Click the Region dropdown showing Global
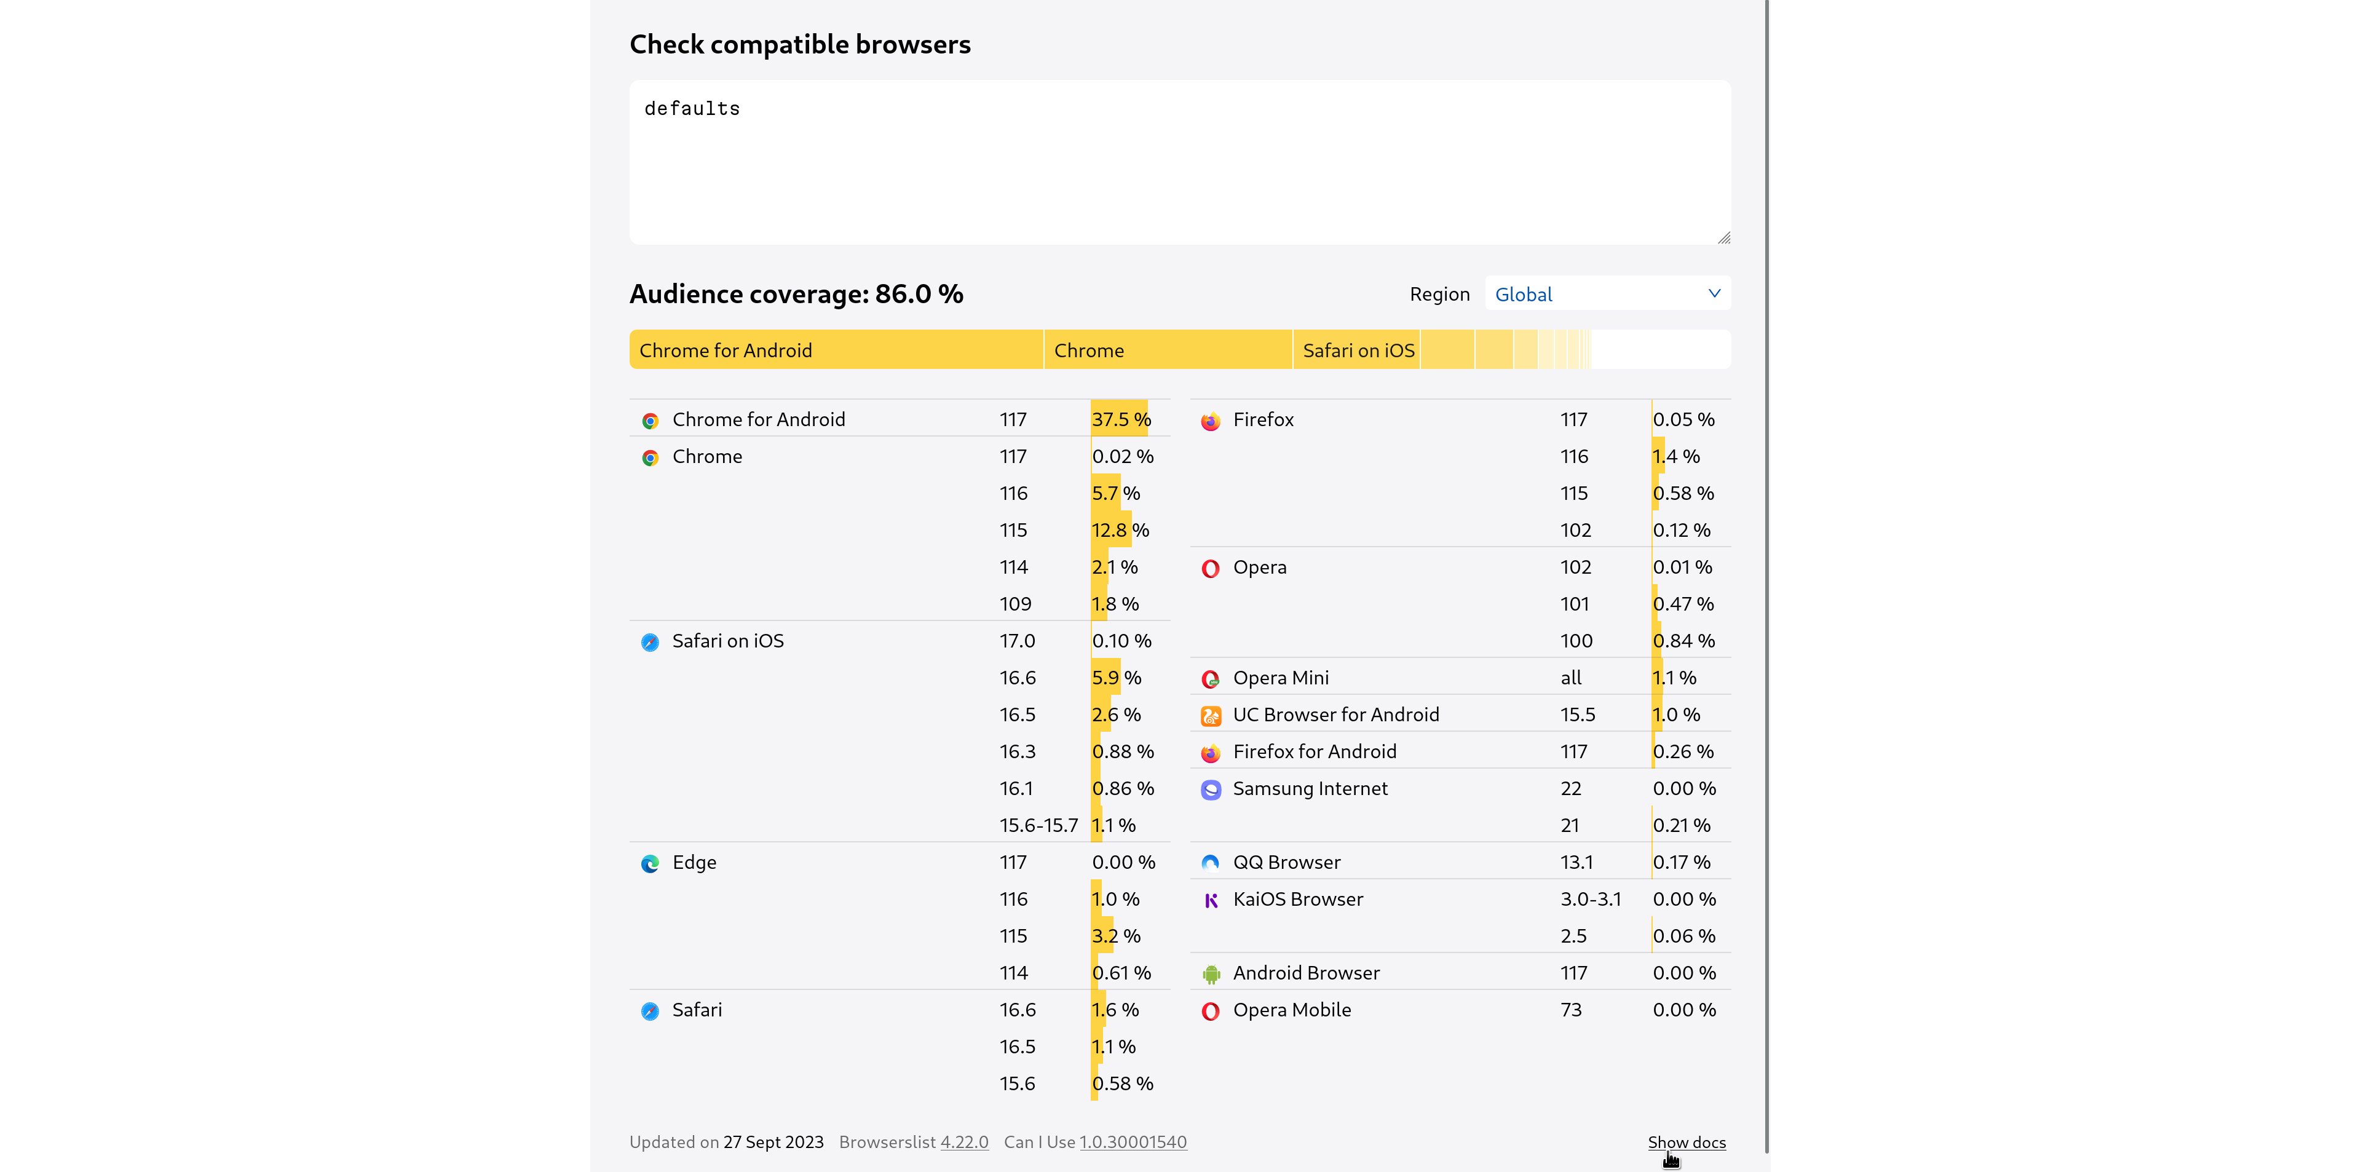pos(1608,293)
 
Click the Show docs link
pos(1687,1142)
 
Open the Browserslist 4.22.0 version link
pos(964,1142)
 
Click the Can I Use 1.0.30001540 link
pos(1133,1142)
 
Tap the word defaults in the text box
pos(692,109)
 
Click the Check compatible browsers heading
pos(800,44)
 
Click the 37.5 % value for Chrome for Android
pos(1121,420)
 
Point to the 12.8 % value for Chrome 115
pos(1120,531)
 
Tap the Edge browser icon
pos(650,863)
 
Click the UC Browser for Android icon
pos(1211,716)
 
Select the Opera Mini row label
pos(1280,678)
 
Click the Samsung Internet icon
pos(1211,790)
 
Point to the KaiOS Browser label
pos(1298,899)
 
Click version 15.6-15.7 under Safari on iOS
pos(1038,826)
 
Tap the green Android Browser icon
pos(1211,974)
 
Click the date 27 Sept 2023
pos(773,1142)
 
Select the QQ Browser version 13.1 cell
pos(1576,862)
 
